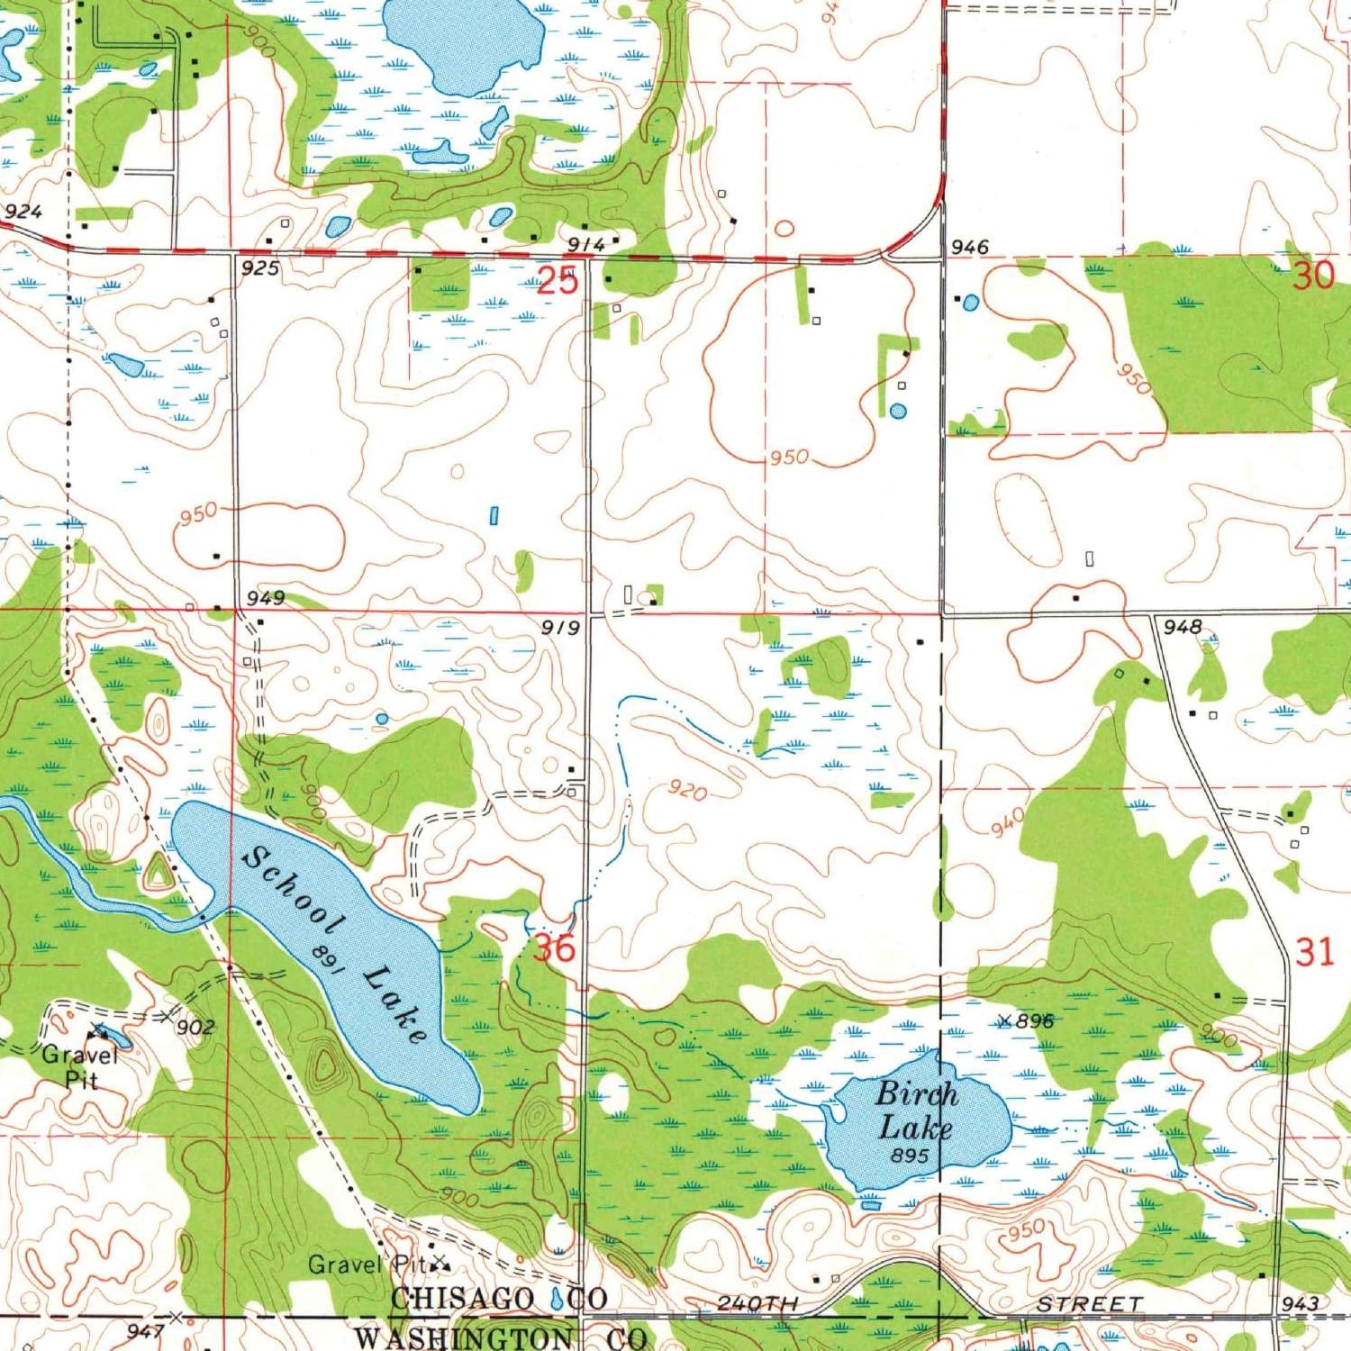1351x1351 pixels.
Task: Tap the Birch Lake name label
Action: (x=916, y=1110)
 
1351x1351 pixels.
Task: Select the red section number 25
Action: (x=557, y=280)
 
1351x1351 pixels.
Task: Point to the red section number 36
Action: (x=553, y=948)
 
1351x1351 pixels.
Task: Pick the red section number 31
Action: (x=1313, y=952)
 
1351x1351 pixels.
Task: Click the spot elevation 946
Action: (x=969, y=246)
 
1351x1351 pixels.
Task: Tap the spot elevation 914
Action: (x=585, y=245)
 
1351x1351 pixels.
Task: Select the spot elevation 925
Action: (x=259, y=267)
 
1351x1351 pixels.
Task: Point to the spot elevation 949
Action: (x=266, y=598)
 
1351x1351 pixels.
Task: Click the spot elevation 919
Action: (x=560, y=627)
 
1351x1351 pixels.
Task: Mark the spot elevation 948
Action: (x=1182, y=627)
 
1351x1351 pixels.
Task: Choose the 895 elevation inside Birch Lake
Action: (x=910, y=1155)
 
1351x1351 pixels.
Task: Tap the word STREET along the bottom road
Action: (x=1089, y=1304)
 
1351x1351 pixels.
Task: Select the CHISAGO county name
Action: (x=463, y=1298)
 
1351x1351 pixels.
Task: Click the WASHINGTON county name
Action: (x=463, y=1337)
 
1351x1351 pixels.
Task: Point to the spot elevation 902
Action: (x=195, y=1028)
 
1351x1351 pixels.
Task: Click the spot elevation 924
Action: (x=23, y=212)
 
